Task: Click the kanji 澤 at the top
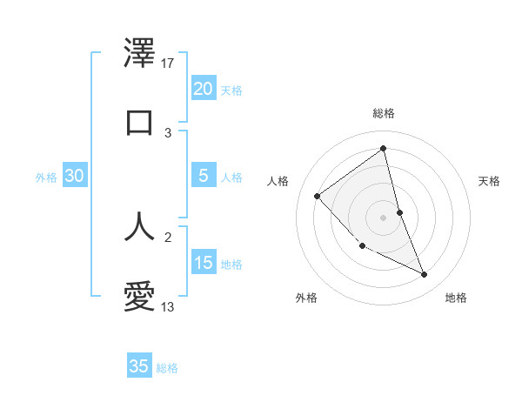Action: point(139,53)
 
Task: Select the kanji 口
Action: point(139,122)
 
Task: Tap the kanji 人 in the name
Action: point(139,225)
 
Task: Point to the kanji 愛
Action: point(139,296)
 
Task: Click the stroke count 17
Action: point(168,64)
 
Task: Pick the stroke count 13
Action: point(168,306)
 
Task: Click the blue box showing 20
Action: point(203,88)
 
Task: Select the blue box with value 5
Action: point(203,175)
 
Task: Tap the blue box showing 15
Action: point(203,262)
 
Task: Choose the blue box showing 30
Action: point(74,176)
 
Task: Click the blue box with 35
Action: point(139,366)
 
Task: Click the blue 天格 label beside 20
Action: point(231,91)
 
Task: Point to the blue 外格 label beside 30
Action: point(46,178)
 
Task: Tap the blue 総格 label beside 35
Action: point(167,368)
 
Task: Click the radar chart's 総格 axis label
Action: point(383,113)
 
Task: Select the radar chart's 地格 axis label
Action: point(456,298)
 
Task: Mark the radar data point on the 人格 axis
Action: point(318,196)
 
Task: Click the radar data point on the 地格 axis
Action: point(425,275)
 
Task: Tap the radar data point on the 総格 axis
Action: point(383,148)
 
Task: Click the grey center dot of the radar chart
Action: point(383,218)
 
